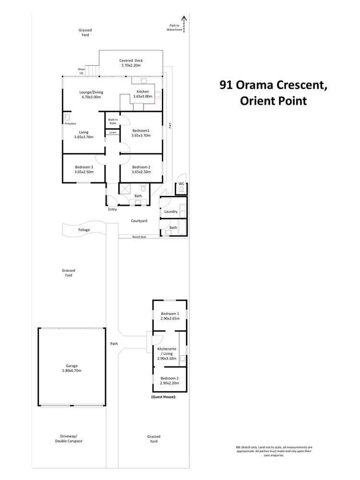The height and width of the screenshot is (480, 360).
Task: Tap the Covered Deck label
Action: (x=131, y=60)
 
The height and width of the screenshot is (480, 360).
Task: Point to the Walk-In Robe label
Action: (x=113, y=121)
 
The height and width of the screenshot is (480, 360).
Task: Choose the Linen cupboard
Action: (x=113, y=132)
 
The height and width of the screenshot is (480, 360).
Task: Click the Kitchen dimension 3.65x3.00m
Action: (x=143, y=96)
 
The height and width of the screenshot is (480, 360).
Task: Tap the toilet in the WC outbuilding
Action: (x=181, y=190)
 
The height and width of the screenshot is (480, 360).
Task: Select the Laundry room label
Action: (x=171, y=212)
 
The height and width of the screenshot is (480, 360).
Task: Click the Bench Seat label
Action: (x=139, y=237)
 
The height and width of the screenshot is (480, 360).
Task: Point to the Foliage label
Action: (x=84, y=230)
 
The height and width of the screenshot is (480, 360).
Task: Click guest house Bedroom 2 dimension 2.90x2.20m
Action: (x=169, y=383)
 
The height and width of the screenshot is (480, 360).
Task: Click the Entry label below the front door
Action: (x=112, y=210)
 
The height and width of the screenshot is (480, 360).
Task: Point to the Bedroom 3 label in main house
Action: (x=84, y=167)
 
